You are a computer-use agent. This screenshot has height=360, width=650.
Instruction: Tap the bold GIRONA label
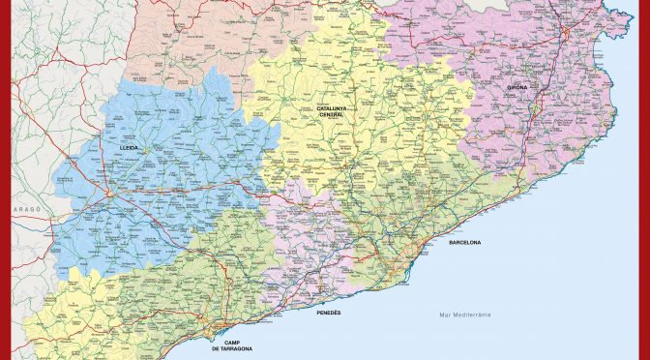[517, 87]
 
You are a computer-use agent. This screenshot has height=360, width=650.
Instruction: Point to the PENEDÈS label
[329, 314]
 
